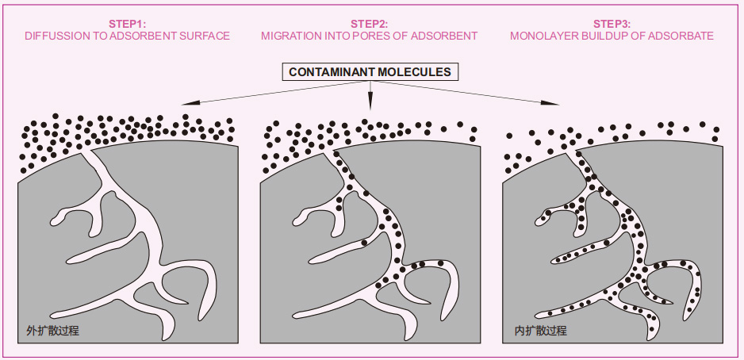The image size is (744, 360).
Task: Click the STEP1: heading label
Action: point(128,24)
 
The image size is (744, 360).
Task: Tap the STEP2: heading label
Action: point(370,24)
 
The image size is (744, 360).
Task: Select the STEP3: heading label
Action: point(612,24)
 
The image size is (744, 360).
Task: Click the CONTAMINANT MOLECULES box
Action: point(370,72)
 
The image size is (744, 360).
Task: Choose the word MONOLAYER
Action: point(541,36)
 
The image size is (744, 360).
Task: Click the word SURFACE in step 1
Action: point(205,36)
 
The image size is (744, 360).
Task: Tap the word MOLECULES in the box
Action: point(414,72)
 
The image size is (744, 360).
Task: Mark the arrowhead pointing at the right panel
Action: point(554,104)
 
